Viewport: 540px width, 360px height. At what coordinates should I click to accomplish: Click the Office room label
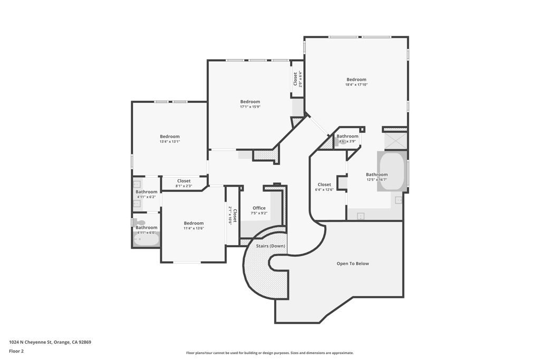tap(259, 208)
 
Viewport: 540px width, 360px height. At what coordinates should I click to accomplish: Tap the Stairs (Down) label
tap(271, 246)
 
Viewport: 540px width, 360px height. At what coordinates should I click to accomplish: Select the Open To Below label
tap(353, 264)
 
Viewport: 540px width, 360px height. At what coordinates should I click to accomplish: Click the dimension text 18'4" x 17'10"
tap(356, 85)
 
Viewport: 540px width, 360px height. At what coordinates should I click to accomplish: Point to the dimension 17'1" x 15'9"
tap(250, 107)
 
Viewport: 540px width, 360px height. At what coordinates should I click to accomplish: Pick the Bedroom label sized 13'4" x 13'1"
tap(170, 137)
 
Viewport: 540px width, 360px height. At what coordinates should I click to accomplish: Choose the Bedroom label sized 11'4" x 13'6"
tap(194, 223)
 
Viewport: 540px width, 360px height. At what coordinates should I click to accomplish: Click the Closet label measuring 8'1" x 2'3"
tap(184, 181)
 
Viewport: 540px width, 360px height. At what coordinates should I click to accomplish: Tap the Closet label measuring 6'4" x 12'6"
tap(324, 184)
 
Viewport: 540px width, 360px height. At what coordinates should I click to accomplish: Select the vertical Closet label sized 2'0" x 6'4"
tap(295, 79)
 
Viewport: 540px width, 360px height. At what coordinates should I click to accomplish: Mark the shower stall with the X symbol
tap(395, 140)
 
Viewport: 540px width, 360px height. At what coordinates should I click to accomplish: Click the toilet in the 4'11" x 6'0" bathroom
tap(140, 223)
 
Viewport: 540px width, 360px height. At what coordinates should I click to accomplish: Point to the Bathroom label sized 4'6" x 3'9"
tap(348, 136)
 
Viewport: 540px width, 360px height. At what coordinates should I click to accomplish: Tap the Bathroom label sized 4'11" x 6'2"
tap(146, 192)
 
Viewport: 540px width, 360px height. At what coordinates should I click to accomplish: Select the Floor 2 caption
tap(16, 351)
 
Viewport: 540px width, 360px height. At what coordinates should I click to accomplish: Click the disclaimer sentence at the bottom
tap(269, 353)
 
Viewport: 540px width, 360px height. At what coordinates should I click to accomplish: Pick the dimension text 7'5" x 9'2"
tap(259, 213)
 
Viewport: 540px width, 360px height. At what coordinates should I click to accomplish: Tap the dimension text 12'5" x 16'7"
tap(377, 180)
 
